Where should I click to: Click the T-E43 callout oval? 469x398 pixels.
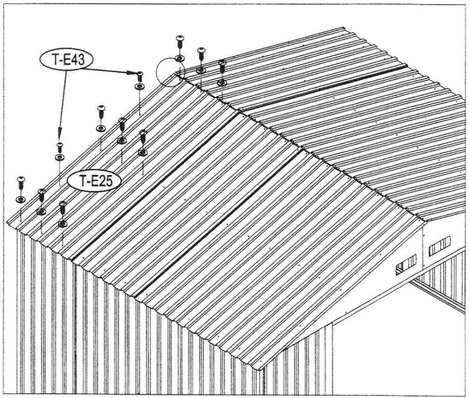(x=67, y=60)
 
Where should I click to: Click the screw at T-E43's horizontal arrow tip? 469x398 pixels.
(x=139, y=75)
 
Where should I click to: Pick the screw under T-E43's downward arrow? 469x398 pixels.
(x=59, y=146)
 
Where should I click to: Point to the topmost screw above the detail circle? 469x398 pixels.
(x=180, y=41)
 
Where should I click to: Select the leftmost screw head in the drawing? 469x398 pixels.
(x=21, y=180)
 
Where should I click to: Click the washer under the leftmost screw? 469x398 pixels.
(x=20, y=199)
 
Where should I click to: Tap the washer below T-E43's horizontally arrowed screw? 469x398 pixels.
(x=139, y=87)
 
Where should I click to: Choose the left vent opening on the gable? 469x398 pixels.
(x=406, y=264)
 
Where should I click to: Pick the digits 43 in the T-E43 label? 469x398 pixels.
(x=76, y=60)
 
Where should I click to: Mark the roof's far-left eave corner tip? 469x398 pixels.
(x=7, y=223)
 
